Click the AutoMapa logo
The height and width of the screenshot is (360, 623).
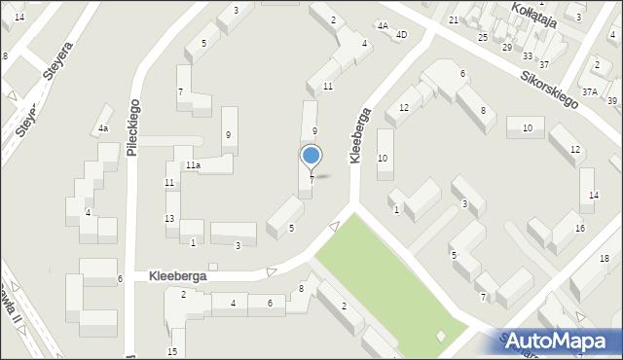[563, 341]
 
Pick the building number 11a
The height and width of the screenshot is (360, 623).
[194, 165]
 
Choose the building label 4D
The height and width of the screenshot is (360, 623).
[401, 35]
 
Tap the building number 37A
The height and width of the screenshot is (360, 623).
[590, 91]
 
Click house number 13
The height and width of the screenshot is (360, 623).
[169, 218]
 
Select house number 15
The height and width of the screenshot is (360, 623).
[172, 351]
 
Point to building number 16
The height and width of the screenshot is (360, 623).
[580, 228]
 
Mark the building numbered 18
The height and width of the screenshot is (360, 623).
[605, 258]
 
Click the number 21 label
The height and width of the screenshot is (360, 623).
[454, 19]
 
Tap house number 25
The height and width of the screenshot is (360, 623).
[483, 37]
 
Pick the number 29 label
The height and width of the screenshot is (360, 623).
[506, 47]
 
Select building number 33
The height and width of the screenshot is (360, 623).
[527, 55]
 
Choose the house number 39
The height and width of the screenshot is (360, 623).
[612, 101]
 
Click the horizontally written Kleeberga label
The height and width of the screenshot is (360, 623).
[178, 276]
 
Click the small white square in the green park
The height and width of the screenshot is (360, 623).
[441, 336]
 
